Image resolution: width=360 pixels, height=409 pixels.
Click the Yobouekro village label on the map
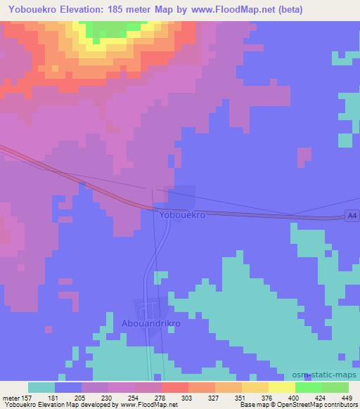[182, 215]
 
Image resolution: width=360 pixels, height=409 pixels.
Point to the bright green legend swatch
[309, 387]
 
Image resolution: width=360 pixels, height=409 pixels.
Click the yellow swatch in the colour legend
[282, 387]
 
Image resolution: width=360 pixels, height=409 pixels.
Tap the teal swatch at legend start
[41, 387]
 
